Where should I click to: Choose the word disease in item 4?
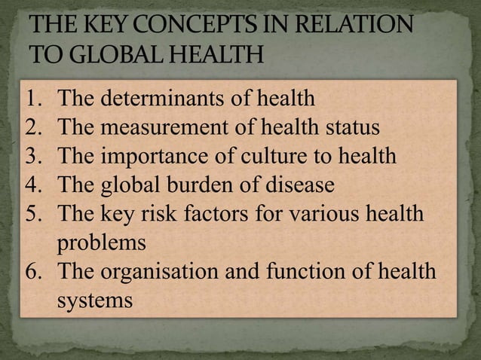point(303,185)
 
